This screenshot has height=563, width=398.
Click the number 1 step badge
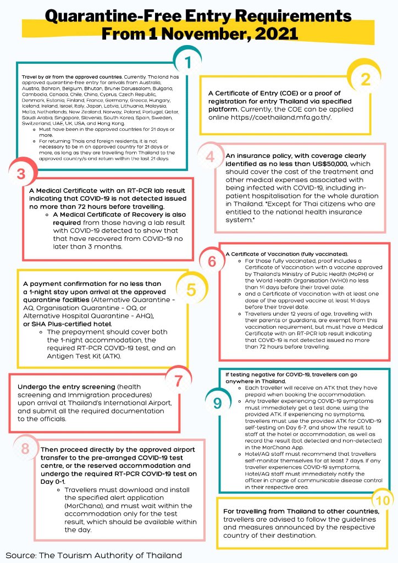coord(188,63)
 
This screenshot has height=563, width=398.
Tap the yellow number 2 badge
coord(366,79)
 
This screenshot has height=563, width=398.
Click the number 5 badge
coord(191,290)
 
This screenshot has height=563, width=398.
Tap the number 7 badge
coord(178,380)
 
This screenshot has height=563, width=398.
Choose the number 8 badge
coord(25,448)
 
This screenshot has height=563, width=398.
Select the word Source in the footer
coord(20,555)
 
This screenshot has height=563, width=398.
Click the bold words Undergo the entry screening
coord(63,387)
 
